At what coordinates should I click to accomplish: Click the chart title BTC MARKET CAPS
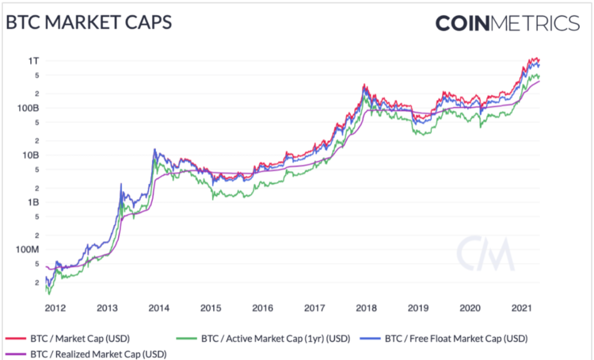pos(89,23)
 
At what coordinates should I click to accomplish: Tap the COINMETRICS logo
pos(507,23)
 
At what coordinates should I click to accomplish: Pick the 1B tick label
pos(31,202)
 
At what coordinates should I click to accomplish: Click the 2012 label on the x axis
pos(56,309)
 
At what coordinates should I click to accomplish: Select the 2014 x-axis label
pos(159,309)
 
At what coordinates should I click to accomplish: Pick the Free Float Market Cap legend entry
pos(456,339)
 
